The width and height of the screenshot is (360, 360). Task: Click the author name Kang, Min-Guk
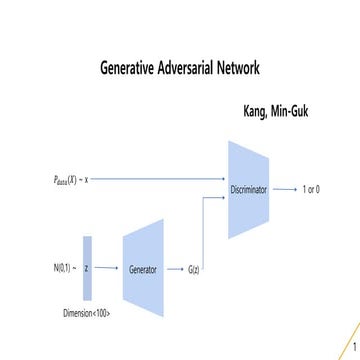pos(275,111)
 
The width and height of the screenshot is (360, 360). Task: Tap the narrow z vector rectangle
pos(87,269)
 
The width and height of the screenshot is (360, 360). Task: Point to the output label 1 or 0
pos(311,188)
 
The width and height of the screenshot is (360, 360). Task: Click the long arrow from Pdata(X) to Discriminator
pos(160,179)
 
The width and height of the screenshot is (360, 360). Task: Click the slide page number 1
pos(353,349)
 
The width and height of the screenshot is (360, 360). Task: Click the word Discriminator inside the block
pos(249,188)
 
